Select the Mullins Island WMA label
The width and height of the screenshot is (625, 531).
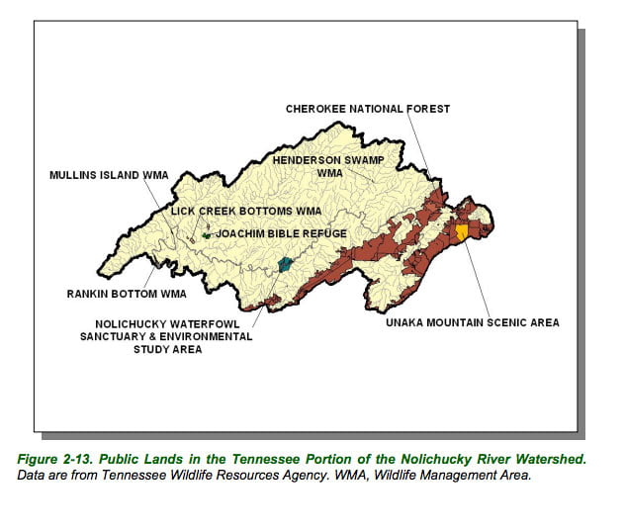(x=109, y=175)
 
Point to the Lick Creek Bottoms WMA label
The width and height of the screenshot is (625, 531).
(x=246, y=211)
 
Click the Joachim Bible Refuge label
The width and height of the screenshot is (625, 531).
(x=282, y=233)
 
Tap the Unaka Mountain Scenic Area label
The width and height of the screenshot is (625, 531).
(x=473, y=322)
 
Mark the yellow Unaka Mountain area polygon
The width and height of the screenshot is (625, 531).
(x=462, y=232)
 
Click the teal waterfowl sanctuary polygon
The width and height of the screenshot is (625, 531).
(x=286, y=264)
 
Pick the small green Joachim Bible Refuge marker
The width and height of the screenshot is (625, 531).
(x=206, y=235)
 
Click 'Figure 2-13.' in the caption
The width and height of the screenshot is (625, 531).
(x=75, y=458)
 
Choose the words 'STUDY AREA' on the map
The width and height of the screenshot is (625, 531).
(x=173, y=349)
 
